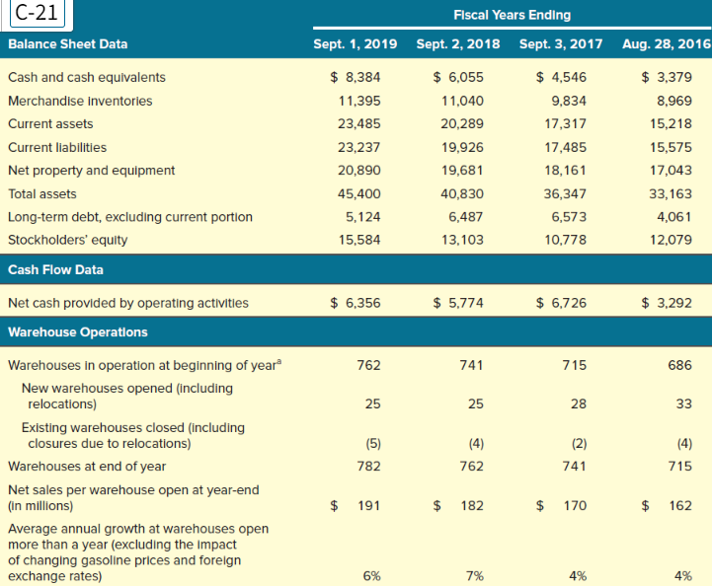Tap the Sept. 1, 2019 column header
pyautogui.click(x=355, y=43)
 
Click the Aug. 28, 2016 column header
pyautogui.click(x=667, y=43)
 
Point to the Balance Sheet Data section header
pyautogui.click(x=67, y=43)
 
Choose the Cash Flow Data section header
pyautogui.click(x=55, y=268)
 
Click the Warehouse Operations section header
pyautogui.click(x=78, y=331)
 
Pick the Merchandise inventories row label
pyautogui.click(x=80, y=101)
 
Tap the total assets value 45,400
pyautogui.click(x=359, y=193)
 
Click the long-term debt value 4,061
pyautogui.click(x=673, y=216)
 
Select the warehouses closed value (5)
pyautogui.click(x=370, y=443)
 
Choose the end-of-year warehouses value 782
pyautogui.click(x=368, y=466)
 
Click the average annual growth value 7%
pyautogui.click(x=474, y=575)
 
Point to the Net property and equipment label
pyautogui.click(x=91, y=170)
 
